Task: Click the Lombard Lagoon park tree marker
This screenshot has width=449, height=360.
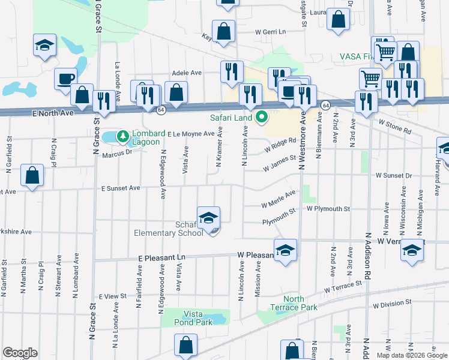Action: pyautogui.click(x=123, y=137)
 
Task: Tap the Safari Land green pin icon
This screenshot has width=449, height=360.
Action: pyautogui.click(x=261, y=117)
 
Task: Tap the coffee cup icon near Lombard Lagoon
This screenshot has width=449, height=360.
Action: pyautogui.click(x=65, y=79)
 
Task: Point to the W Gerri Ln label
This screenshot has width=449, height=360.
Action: pyautogui.click(x=271, y=31)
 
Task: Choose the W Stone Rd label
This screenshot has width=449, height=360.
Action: pyautogui.click(x=395, y=125)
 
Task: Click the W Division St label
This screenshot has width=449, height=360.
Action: pyautogui.click(x=391, y=305)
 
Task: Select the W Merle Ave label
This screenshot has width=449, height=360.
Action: pyautogui.click(x=279, y=199)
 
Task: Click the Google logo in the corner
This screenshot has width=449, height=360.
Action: pyautogui.click(x=20, y=353)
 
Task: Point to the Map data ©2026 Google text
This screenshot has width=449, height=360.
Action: pyautogui.click(x=411, y=355)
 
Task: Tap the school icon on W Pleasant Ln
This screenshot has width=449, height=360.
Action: pyautogui.click(x=286, y=250)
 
